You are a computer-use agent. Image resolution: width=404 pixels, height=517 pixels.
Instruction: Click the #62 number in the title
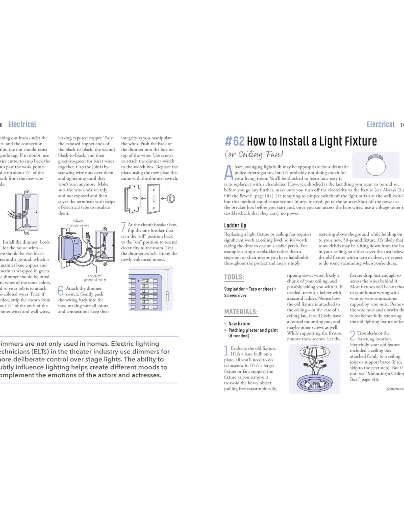235,141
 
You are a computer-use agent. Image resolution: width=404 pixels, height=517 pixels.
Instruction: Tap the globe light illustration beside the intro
375,166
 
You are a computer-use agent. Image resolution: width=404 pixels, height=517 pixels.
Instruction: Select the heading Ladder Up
235,225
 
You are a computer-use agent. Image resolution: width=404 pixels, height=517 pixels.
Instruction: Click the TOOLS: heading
234,277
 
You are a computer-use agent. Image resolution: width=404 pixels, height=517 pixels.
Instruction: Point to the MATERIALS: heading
241,312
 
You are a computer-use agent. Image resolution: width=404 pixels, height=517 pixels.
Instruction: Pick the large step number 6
61,291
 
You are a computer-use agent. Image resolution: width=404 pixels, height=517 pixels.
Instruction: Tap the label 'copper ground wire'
95,277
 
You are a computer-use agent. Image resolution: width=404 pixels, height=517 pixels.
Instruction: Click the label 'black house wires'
78,223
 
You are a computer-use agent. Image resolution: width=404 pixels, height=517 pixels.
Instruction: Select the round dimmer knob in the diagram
171,199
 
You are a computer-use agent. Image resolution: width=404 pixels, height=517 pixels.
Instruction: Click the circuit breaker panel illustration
150,289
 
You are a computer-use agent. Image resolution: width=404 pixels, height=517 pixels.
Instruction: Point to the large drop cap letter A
229,172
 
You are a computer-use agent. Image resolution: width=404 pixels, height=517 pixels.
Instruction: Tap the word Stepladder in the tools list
234,289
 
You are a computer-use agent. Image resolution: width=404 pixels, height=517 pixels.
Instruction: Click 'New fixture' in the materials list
239,324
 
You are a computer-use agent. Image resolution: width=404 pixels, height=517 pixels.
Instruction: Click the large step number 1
226,350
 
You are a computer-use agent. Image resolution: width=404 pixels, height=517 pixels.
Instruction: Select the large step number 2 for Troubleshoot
352,335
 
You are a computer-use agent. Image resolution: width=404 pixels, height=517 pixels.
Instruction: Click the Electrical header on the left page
22,124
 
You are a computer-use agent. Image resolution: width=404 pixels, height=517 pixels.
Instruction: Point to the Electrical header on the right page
381,124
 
